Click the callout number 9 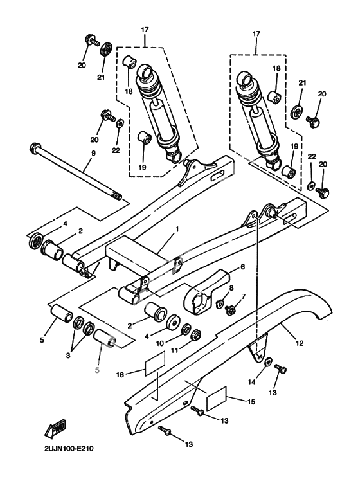coord(93,153)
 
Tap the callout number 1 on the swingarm coord(177,229)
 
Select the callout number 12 coord(300,343)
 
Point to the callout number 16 coord(120,375)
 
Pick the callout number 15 coord(251,402)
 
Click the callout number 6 coord(243,267)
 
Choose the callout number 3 coord(67,356)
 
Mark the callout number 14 coord(251,383)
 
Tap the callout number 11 coord(175,350)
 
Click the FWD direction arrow coord(56,430)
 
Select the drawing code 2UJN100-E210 coord(69,449)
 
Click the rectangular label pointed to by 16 coord(156,363)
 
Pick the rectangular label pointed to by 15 coord(217,399)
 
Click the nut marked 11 coord(196,334)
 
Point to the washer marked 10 coord(186,329)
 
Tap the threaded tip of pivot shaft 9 coord(118,197)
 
